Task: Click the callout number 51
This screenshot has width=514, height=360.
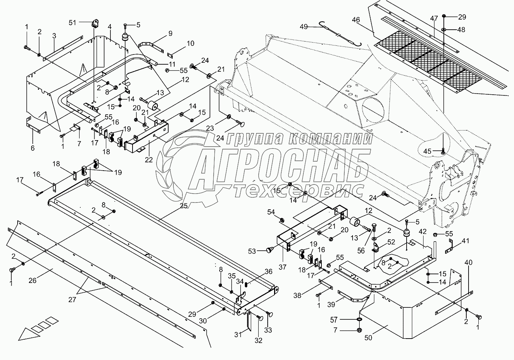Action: pyautogui.click(x=72, y=23)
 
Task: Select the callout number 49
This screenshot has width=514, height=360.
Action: pyautogui.click(x=304, y=27)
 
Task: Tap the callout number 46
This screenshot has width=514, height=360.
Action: pyautogui.click(x=356, y=20)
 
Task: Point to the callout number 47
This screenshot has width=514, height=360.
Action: pyautogui.click(x=434, y=18)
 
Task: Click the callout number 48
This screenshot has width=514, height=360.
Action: pyautogui.click(x=461, y=30)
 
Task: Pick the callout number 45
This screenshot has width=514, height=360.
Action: pyautogui.click(x=427, y=151)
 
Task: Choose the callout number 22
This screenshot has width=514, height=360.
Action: pyautogui.click(x=149, y=160)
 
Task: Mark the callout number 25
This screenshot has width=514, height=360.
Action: pyautogui.click(x=184, y=206)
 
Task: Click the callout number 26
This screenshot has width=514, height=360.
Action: pyautogui.click(x=32, y=280)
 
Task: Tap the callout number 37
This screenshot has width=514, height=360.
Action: pyautogui.click(x=283, y=267)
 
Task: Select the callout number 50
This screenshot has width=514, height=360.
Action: pyautogui.click(x=368, y=337)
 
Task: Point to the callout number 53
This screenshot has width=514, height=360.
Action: pyautogui.click(x=252, y=251)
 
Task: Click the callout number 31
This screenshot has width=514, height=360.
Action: pyautogui.click(x=238, y=335)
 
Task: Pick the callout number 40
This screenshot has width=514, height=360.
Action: pyautogui.click(x=469, y=262)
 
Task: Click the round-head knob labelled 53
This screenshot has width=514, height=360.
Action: pyautogui.click(x=269, y=250)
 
